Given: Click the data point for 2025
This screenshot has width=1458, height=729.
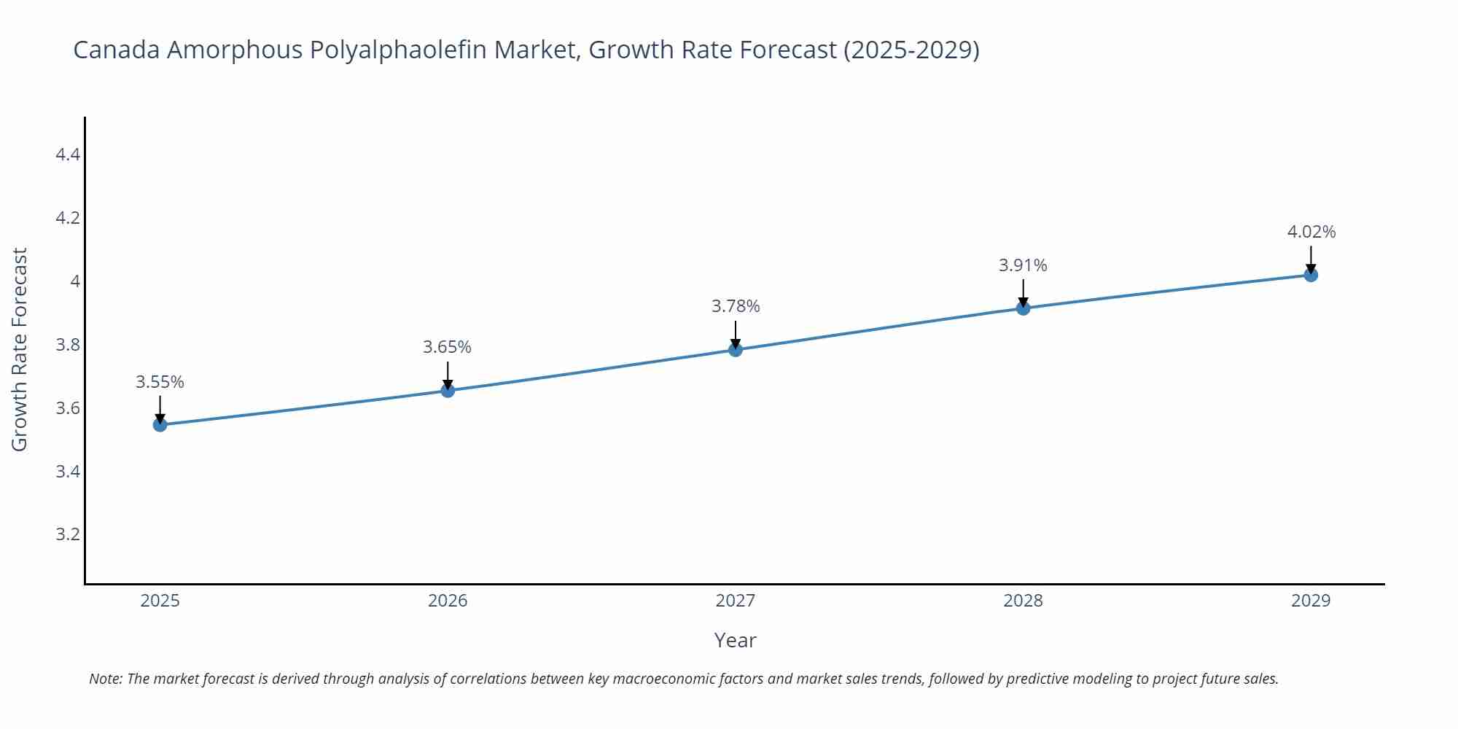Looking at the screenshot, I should [160, 424].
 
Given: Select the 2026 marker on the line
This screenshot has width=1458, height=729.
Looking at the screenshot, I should [448, 391].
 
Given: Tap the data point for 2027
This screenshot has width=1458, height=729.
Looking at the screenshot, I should [736, 350].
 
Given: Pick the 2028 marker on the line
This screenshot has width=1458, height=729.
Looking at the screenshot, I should [1023, 308].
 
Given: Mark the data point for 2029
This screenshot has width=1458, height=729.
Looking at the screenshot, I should [1311, 275].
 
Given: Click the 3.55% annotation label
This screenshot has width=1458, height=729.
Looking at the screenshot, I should [160, 382].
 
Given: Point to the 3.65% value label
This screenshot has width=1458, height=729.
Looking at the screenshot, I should [448, 347].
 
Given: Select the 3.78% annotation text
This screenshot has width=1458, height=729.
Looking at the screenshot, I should [736, 306].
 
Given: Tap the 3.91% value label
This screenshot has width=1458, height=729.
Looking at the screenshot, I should [1023, 265].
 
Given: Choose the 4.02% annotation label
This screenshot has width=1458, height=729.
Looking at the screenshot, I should [1311, 232].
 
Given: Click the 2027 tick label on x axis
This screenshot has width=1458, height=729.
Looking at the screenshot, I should [736, 601].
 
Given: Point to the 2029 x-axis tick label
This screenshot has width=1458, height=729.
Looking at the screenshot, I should [1311, 601].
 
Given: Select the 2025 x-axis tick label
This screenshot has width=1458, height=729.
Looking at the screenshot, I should [160, 601].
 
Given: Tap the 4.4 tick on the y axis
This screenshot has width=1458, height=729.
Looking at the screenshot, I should [68, 155].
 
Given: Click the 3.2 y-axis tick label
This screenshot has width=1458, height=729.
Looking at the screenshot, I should [68, 534].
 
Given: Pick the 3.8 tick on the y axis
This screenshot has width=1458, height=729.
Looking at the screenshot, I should [68, 345].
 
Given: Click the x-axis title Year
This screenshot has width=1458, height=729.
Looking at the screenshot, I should [736, 640].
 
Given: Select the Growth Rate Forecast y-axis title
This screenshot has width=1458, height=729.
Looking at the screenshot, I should [20, 349].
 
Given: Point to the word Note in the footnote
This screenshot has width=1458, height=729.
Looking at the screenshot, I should [105, 679].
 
